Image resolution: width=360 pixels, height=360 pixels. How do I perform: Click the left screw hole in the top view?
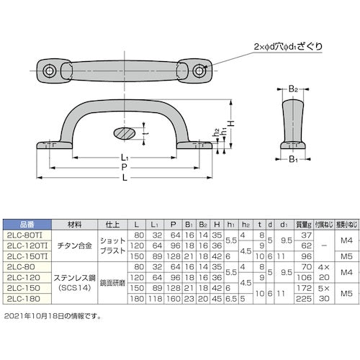coord(50,71)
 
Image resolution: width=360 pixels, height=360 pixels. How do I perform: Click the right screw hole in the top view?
coord(201,70)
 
